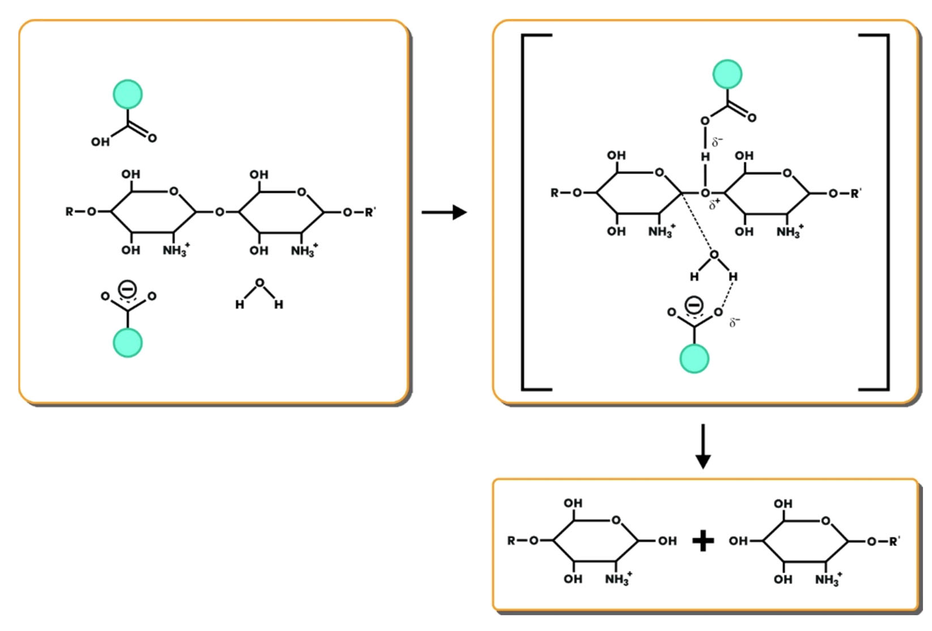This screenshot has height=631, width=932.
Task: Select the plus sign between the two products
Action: [x=703, y=541]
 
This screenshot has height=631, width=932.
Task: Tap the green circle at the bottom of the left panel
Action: [x=128, y=343]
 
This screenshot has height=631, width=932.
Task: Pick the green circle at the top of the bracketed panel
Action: [x=727, y=74]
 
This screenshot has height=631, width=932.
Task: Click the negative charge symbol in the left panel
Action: [x=128, y=289]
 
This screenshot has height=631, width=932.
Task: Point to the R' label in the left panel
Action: [x=370, y=212]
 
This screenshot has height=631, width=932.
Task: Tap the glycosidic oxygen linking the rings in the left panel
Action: [x=219, y=212]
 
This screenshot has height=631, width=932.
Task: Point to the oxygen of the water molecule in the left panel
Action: [x=260, y=283]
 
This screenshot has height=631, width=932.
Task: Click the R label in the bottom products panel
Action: [x=511, y=541]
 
